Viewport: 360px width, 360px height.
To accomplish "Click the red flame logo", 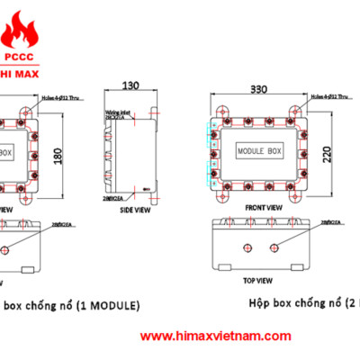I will [x=20, y=26].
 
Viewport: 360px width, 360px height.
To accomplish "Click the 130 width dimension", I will [x=132, y=85].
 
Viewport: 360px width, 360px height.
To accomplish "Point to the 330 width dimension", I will [x=261, y=91].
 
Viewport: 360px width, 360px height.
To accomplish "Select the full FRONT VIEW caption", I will [x=264, y=206].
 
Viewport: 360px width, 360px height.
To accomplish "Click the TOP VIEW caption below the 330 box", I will [x=262, y=278].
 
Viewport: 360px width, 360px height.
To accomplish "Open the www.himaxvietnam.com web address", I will [x=215, y=336].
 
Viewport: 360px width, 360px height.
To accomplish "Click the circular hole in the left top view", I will [x=7, y=248].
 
